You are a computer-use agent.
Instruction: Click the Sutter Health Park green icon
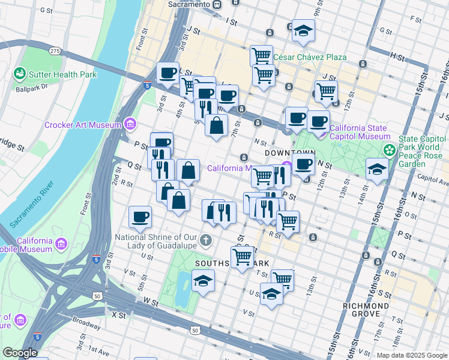tap(20, 74)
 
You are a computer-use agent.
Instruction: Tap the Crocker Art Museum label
tap(83, 125)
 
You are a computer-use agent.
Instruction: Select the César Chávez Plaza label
tap(310, 58)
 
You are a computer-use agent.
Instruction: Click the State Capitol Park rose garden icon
tap(390, 149)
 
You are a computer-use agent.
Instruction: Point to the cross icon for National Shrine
tap(205, 241)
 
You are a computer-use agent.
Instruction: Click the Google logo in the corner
tap(20, 353)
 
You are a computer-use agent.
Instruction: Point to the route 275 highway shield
tap(55, 52)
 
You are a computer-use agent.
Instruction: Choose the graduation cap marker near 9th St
tap(304, 31)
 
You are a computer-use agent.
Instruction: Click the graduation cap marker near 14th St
tap(376, 169)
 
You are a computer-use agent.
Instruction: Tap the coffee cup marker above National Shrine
tap(140, 217)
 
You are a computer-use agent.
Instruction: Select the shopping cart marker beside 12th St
tap(326, 92)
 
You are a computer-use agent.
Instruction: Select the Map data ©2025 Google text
tap(411, 355)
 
